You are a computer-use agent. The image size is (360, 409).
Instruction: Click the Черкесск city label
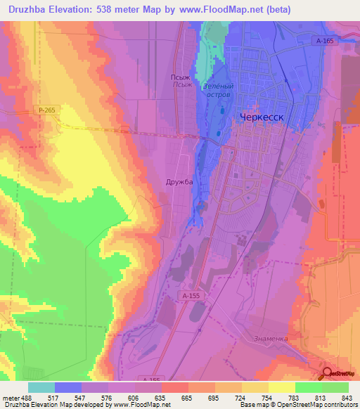point(262,118)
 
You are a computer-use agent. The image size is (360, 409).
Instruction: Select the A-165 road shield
point(324,41)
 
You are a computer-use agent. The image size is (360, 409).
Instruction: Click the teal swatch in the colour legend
point(41,387)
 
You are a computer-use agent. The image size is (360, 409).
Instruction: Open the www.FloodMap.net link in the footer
point(141,405)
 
